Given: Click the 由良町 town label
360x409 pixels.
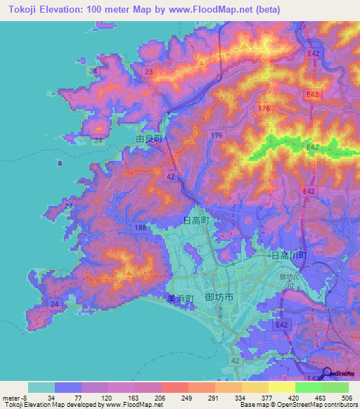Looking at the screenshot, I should [x=149, y=139].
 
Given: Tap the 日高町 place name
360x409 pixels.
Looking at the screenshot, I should [x=197, y=221].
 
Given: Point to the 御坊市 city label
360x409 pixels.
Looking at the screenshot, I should [x=219, y=298].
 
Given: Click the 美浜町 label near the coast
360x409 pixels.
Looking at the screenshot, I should [x=179, y=298].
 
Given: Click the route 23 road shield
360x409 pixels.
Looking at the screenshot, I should [x=148, y=72].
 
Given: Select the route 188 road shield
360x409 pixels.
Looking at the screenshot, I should [x=141, y=227].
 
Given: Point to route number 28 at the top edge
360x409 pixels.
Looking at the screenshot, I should [x=302, y=27].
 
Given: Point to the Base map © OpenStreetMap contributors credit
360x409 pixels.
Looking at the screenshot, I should [x=295, y=405].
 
